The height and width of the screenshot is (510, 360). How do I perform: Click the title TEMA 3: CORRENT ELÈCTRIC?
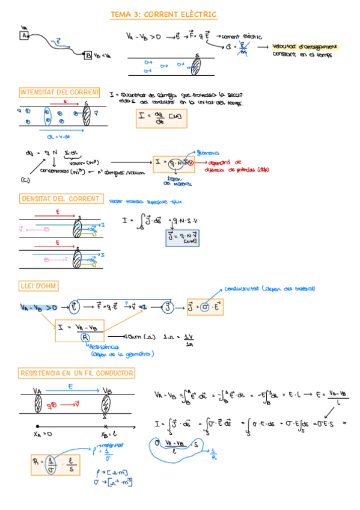[163, 14]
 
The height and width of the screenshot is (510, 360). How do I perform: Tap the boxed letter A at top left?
[25, 36]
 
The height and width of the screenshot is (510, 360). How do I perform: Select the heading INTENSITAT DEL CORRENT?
[59, 92]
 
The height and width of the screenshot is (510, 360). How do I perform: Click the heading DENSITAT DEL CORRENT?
[60, 198]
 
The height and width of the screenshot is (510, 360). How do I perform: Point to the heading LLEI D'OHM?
[39, 286]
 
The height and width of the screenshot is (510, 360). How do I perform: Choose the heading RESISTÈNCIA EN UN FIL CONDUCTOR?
[77, 373]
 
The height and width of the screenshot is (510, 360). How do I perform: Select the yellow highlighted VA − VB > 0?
[38, 307]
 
